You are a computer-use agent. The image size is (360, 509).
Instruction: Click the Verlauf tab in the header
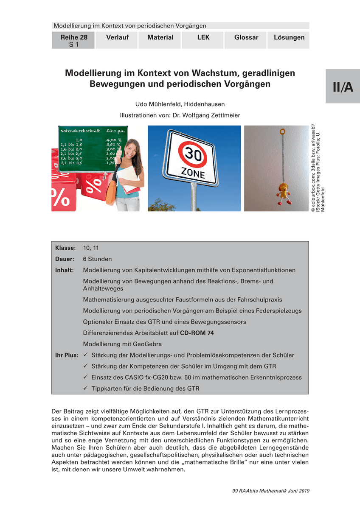click(x=117, y=37)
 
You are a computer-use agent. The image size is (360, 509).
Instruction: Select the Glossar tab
click(x=246, y=37)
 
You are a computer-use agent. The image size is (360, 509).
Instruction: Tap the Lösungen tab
click(x=289, y=37)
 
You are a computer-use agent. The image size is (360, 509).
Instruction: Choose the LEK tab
click(x=203, y=37)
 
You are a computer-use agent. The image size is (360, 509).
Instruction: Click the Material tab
click(x=160, y=37)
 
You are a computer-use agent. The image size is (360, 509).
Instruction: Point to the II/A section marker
click(x=343, y=87)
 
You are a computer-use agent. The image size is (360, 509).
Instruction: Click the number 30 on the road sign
click(x=192, y=153)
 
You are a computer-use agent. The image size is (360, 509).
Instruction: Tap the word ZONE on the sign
click(x=193, y=173)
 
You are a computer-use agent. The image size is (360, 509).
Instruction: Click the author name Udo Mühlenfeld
click(x=156, y=104)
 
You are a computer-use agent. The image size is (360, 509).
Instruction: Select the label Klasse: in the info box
click(x=65, y=248)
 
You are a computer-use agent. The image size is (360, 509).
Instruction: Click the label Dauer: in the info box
click(x=65, y=259)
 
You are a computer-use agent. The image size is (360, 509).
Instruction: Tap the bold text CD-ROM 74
click(x=197, y=333)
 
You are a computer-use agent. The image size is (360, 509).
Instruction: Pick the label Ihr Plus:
click(x=67, y=355)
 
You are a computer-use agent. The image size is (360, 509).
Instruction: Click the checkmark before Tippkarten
click(x=85, y=388)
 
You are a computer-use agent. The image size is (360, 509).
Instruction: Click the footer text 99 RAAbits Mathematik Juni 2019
click(x=271, y=491)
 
